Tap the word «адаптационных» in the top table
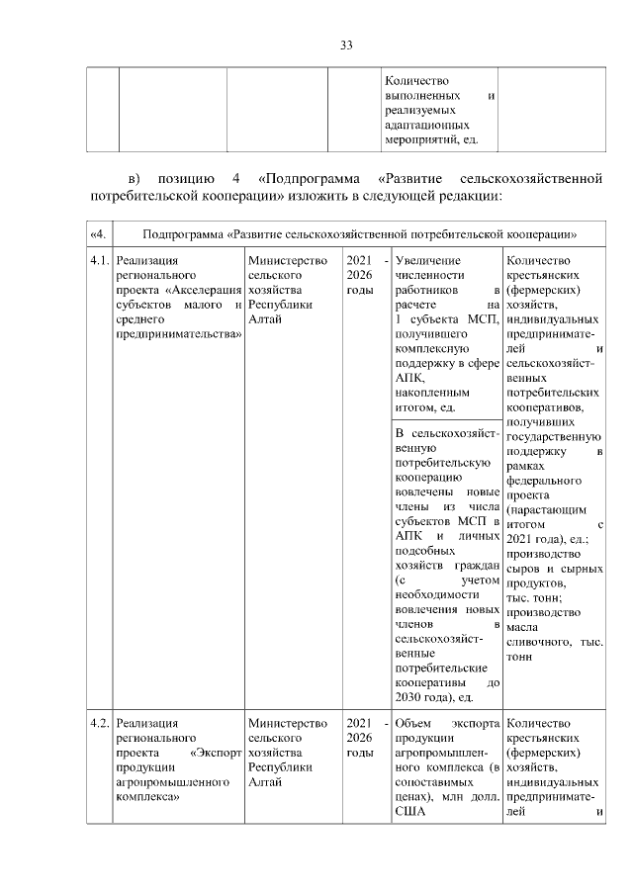tap(425, 127)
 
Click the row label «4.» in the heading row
tap(97, 234)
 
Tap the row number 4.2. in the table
tap(98, 724)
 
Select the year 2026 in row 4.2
tap(359, 739)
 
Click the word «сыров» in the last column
tap(522, 570)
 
